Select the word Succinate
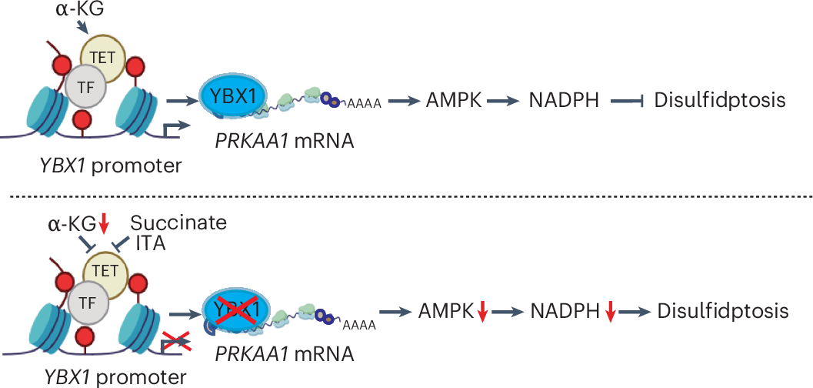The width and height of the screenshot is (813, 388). tap(178, 223)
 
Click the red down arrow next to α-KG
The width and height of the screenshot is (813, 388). tap(104, 224)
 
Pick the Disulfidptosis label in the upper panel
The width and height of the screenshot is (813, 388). tap(719, 100)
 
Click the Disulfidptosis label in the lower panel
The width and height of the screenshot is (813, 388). tap(722, 311)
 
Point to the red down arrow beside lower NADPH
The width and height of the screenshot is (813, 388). tap(610, 312)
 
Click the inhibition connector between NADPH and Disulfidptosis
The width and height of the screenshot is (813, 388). tap(624, 100)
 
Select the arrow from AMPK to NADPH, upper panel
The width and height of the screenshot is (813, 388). tap(501, 100)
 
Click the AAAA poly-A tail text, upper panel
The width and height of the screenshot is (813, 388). tap(363, 104)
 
